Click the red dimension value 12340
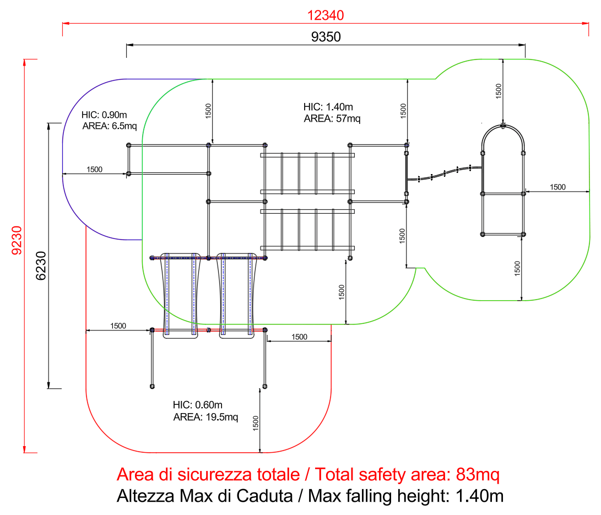click(326, 15)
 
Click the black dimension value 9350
click(326, 37)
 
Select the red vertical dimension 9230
click(17, 240)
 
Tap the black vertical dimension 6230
click(41, 265)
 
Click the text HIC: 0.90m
click(104, 115)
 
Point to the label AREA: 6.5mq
click(110, 126)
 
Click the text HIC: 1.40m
click(328, 107)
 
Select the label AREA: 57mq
click(332, 119)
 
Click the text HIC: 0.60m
click(197, 405)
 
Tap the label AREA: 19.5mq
click(205, 417)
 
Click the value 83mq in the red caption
click(478, 475)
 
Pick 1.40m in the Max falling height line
click(479, 496)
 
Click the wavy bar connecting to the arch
click(445, 174)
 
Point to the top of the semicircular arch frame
click(503, 126)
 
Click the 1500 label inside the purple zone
click(94, 169)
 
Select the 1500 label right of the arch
click(557, 187)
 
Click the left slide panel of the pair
click(181, 295)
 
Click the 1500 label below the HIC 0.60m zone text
click(256, 424)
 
